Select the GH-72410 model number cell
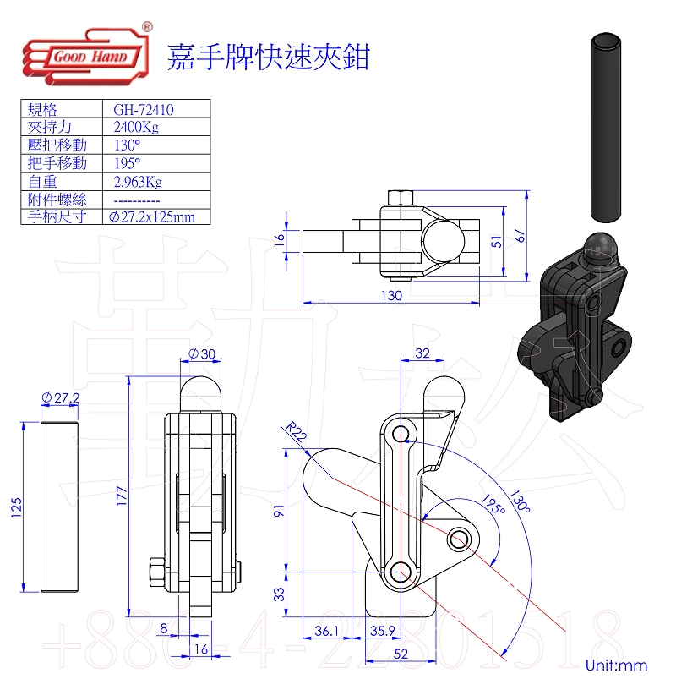[x=144, y=109]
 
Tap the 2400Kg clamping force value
[x=135, y=127]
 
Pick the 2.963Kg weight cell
[x=137, y=181]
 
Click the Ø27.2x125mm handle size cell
[x=152, y=217]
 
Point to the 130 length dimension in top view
[x=390, y=296]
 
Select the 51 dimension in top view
[x=497, y=241]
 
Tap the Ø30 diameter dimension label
[x=201, y=353]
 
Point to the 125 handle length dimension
[x=16, y=507]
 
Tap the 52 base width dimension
[x=401, y=653]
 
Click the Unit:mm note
[x=616, y=665]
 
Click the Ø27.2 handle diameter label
[x=61, y=397]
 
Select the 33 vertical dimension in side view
[x=281, y=594]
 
